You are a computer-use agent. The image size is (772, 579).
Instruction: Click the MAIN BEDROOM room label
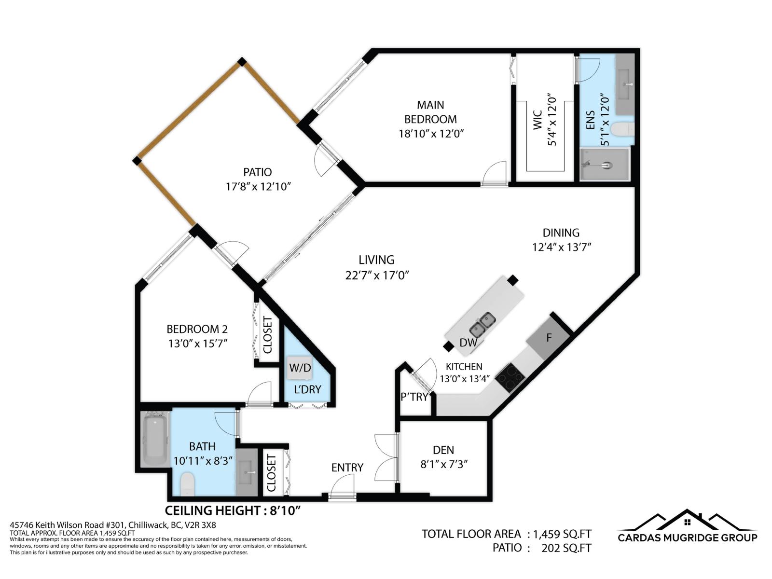[x=430, y=112]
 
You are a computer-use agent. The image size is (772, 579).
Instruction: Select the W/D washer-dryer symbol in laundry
[x=300, y=368]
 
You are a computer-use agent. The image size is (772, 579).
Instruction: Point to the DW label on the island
[x=468, y=343]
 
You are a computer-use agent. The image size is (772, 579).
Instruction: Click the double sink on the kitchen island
[x=482, y=324]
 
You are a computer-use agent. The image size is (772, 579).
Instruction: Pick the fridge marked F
[x=549, y=338]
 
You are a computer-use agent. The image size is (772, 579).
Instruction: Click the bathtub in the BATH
[x=155, y=439]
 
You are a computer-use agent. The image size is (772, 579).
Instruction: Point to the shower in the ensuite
[x=605, y=165]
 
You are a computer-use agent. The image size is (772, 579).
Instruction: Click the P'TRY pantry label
[x=414, y=397]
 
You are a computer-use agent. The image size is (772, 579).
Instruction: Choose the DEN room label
[x=443, y=450]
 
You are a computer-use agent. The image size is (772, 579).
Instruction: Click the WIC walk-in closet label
[x=538, y=121]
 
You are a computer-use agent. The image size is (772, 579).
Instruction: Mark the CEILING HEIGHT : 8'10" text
[x=233, y=510]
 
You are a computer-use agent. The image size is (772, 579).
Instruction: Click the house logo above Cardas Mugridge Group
[x=688, y=521]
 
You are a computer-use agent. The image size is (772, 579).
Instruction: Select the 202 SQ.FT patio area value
[x=566, y=548]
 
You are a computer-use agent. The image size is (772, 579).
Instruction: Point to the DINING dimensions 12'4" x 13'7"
[x=562, y=248]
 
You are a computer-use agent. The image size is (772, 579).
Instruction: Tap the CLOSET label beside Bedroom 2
[x=268, y=335]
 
